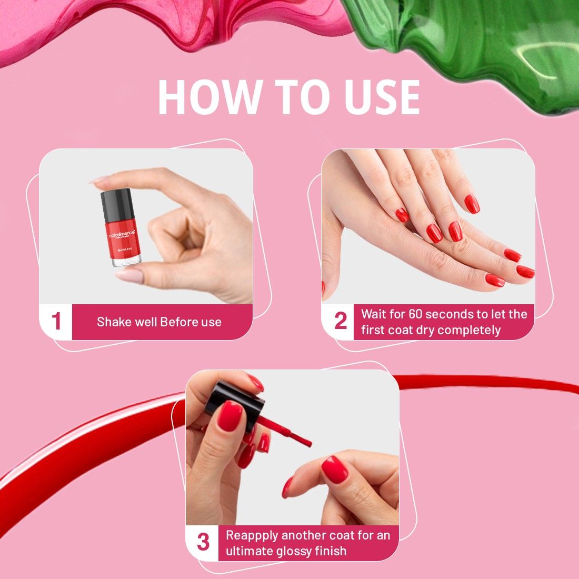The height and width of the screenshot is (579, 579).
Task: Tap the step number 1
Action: (x=56, y=322)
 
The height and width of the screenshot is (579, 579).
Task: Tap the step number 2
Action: (x=341, y=321)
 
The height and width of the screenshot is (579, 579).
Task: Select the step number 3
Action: (x=203, y=542)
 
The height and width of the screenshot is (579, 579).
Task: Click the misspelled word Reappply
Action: (x=252, y=535)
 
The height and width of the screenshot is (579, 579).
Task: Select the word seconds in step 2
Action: (x=450, y=314)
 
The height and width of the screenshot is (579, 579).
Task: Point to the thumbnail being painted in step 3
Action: (x=335, y=470)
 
